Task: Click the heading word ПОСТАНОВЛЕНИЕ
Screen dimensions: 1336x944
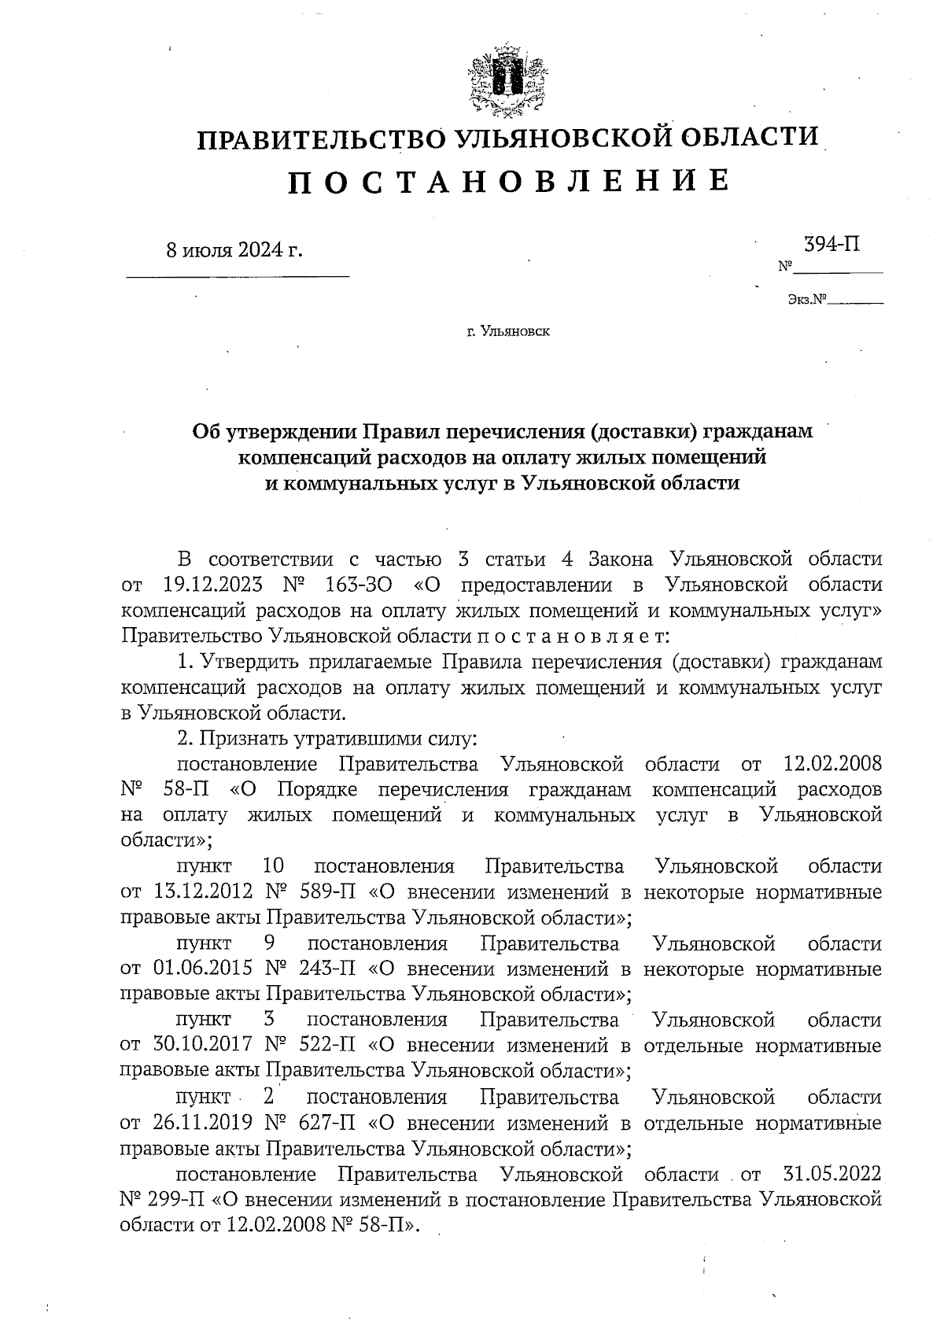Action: pos(507,181)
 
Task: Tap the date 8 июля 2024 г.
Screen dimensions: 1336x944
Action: pos(234,251)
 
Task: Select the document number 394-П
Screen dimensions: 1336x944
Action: pos(832,244)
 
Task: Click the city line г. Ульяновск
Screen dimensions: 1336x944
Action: pos(507,332)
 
